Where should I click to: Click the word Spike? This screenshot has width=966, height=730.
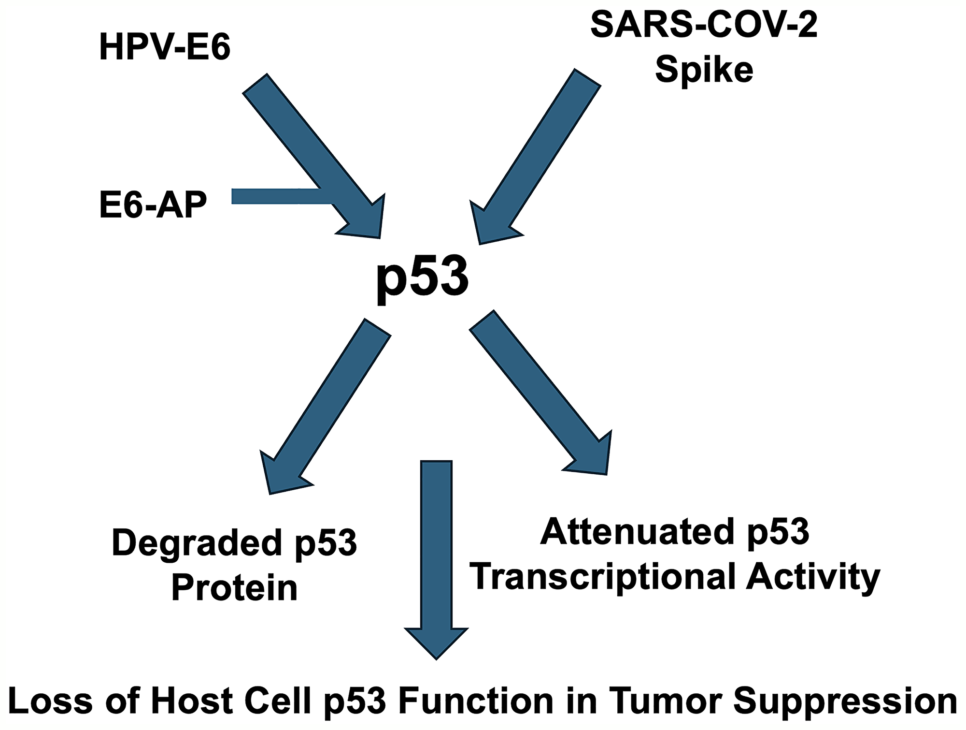tap(704, 70)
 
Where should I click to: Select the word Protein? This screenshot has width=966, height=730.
tap(234, 588)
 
